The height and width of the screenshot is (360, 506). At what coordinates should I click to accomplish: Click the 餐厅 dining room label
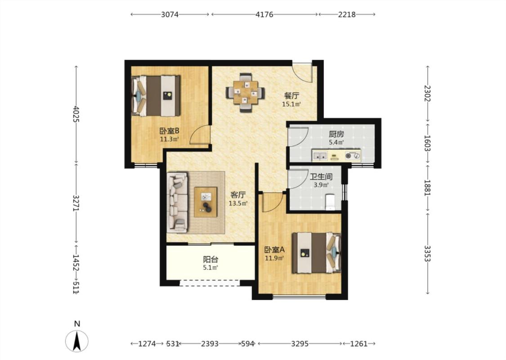[291, 95]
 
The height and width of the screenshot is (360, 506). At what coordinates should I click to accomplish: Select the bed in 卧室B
[156, 96]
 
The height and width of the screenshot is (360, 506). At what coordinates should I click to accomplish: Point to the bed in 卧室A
[317, 253]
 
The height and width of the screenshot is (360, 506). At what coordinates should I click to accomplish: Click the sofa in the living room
[177, 202]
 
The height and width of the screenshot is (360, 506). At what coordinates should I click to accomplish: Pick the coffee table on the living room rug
[206, 202]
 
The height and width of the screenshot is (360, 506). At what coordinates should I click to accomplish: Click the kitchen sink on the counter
[320, 156]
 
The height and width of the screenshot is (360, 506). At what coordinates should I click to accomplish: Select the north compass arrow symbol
[77, 341]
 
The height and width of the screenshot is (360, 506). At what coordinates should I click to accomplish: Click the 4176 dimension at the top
[264, 14]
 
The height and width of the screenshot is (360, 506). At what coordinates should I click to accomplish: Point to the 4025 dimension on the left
[76, 114]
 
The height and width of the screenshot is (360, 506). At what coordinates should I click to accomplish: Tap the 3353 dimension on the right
[427, 253]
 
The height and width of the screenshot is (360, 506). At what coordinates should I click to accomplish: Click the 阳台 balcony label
[211, 259]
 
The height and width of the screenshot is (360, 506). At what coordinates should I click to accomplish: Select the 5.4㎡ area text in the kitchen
[336, 142]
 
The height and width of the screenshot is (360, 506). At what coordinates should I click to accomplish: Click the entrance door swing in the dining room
[303, 72]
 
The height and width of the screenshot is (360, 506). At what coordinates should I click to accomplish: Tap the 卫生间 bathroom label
[321, 177]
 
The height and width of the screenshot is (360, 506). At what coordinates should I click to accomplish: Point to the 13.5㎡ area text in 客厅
[238, 203]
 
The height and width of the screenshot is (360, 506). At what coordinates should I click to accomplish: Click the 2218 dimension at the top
[347, 14]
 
